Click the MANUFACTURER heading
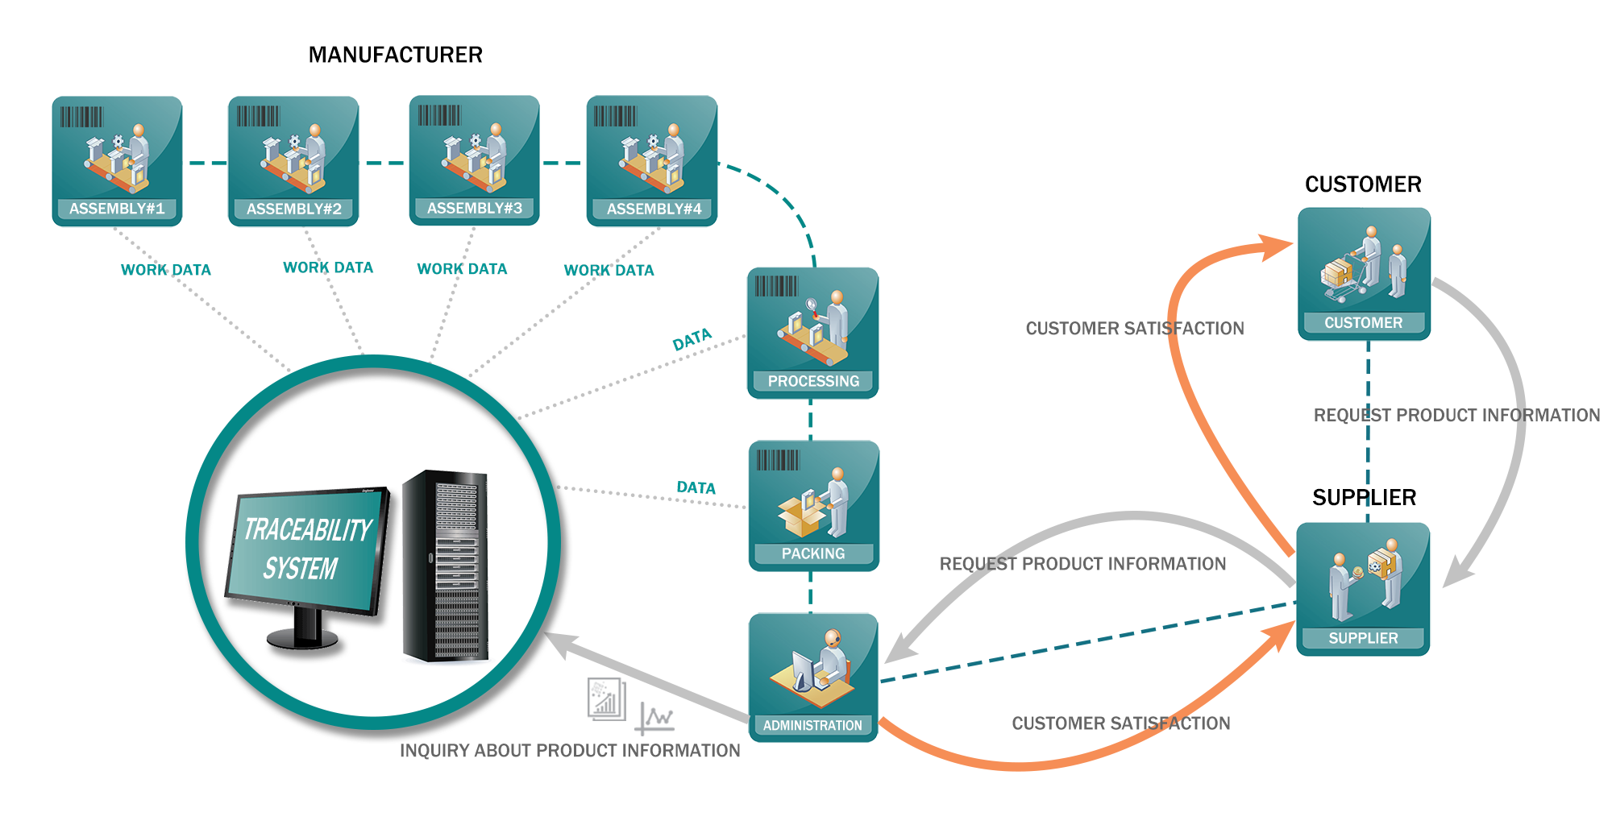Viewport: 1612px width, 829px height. (x=395, y=55)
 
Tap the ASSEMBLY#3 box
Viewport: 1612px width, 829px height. (x=474, y=160)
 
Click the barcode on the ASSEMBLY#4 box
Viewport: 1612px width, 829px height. (x=615, y=116)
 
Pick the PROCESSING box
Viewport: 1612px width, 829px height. (x=812, y=333)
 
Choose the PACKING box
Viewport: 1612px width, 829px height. (x=813, y=505)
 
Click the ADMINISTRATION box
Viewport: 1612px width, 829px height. (x=812, y=677)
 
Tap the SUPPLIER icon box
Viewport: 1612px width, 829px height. (x=1363, y=589)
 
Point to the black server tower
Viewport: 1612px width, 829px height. (x=446, y=566)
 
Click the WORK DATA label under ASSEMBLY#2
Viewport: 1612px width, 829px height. (x=328, y=267)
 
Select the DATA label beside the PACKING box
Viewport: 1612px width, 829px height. (x=696, y=487)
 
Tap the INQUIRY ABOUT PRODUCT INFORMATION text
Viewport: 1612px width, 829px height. (x=570, y=751)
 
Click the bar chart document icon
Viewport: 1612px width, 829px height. (x=606, y=699)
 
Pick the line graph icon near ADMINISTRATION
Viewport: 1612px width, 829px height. (x=654, y=718)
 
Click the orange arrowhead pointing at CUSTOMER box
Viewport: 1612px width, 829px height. (x=1276, y=246)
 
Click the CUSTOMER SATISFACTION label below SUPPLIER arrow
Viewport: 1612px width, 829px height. (x=1120, y=723)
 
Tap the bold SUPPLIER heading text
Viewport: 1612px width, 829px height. (x=1364, y=497)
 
